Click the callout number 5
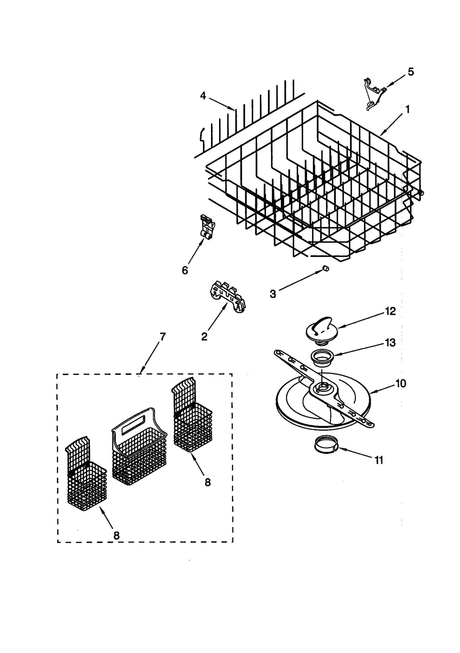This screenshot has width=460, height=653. [411, 72]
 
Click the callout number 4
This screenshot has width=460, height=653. [203, 96]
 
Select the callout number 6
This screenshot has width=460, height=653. [185, 270]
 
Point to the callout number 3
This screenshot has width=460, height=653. [273, 294]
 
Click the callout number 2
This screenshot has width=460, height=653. [204, 336]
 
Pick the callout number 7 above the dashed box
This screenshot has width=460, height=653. [163, 336]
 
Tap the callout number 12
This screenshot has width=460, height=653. [390, 311]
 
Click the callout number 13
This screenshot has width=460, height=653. [390, 343]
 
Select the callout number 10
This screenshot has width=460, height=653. [400, 383]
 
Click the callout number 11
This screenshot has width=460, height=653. [379, 460]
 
